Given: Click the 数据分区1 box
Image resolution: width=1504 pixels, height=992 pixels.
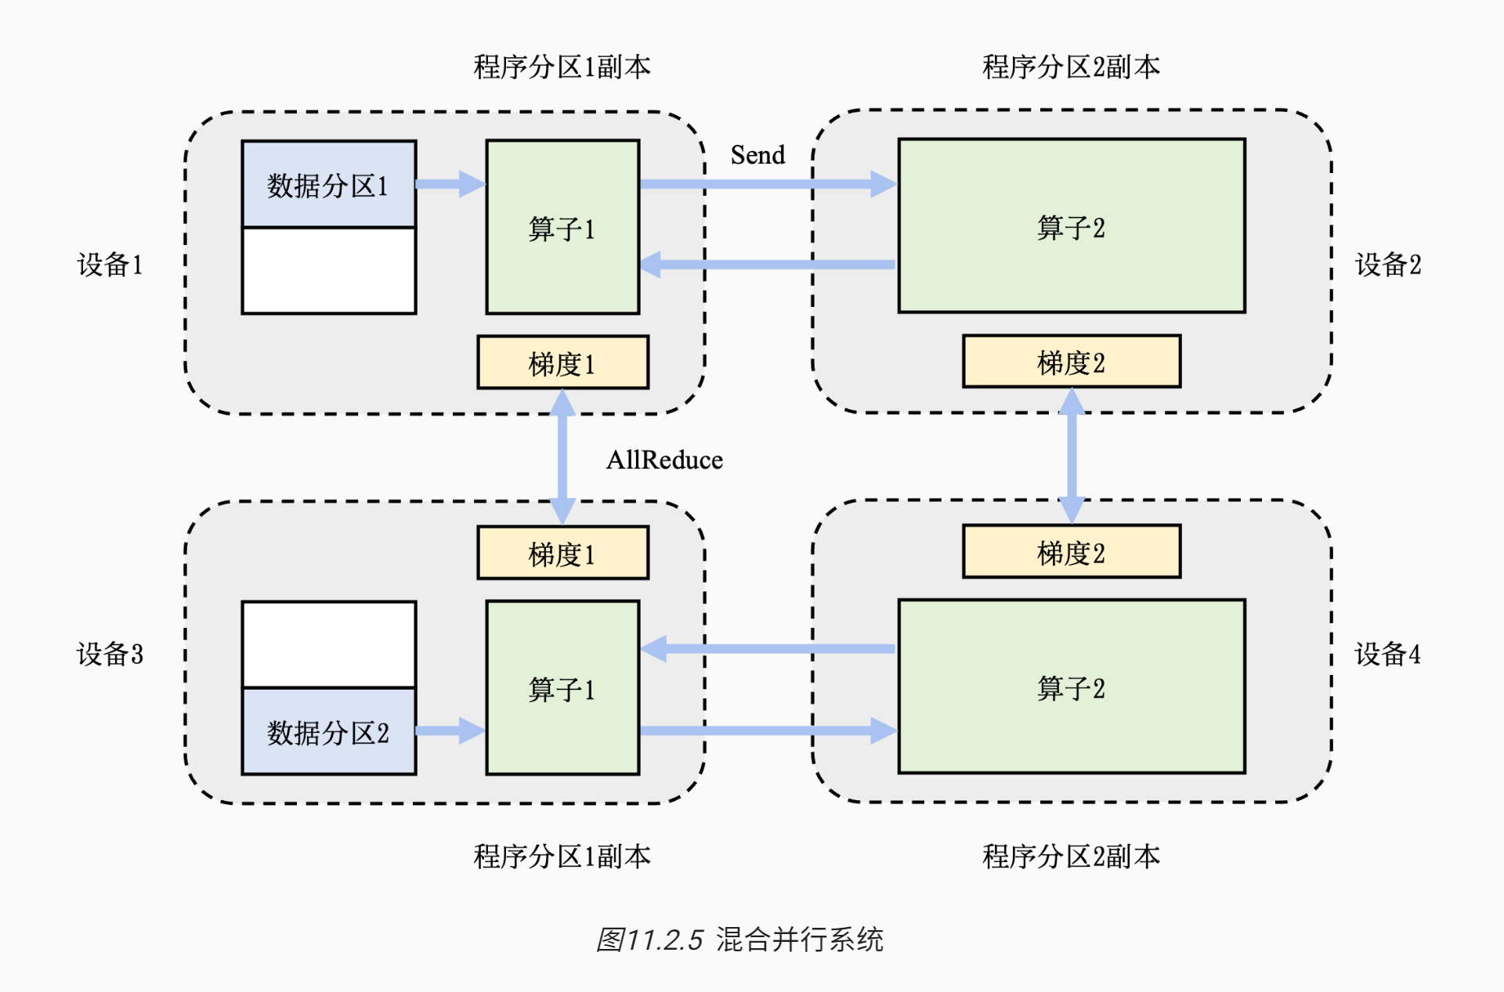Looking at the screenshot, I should pos(328,185).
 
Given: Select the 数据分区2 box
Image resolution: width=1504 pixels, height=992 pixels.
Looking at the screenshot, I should pos(328,731).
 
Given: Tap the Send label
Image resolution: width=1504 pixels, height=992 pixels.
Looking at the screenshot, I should pos(757,155).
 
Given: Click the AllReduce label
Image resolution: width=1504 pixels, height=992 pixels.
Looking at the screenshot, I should pos(664,460).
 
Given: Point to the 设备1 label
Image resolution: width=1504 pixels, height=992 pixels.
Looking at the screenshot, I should pos(110,265).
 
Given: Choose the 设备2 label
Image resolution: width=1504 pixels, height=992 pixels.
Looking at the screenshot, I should pos(1387,265).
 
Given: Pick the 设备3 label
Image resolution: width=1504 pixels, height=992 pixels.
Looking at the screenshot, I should pos(110,654).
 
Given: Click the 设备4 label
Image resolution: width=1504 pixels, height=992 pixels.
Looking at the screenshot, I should pos(1387,654).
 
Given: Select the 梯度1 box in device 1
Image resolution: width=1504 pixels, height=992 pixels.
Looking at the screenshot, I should pos(562,363).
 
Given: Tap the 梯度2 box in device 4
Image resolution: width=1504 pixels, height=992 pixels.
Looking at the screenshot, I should pos(1071,552).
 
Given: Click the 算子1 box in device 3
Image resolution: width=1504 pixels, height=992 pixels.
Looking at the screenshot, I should pos(562,687).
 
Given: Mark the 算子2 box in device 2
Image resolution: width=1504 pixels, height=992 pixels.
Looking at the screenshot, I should pos(1071,226).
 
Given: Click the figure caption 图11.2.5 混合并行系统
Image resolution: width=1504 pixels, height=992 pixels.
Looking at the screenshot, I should pos(739,939).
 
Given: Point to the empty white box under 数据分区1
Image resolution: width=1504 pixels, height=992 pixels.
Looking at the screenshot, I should pos(328,271).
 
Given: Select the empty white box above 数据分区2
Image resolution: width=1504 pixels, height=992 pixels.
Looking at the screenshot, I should pos(328,644).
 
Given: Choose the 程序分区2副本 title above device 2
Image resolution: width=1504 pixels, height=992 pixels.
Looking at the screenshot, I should pos(1071,67).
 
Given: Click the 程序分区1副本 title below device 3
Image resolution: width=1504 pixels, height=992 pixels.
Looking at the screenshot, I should pos(562,856).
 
